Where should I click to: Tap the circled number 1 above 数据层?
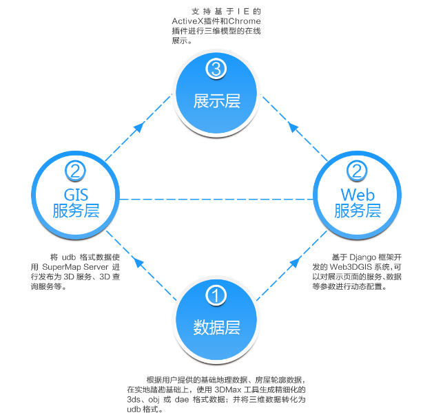pos(216,297)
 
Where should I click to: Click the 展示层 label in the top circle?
pos(216,100)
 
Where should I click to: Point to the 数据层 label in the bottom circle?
pos(216,326)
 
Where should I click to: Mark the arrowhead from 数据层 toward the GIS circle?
pos(138,262)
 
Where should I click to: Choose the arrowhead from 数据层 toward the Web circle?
pos(295,262)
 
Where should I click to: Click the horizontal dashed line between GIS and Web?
pos(216,200)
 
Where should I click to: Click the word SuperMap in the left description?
pos(63,267)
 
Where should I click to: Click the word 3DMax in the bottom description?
pos(240,389)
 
